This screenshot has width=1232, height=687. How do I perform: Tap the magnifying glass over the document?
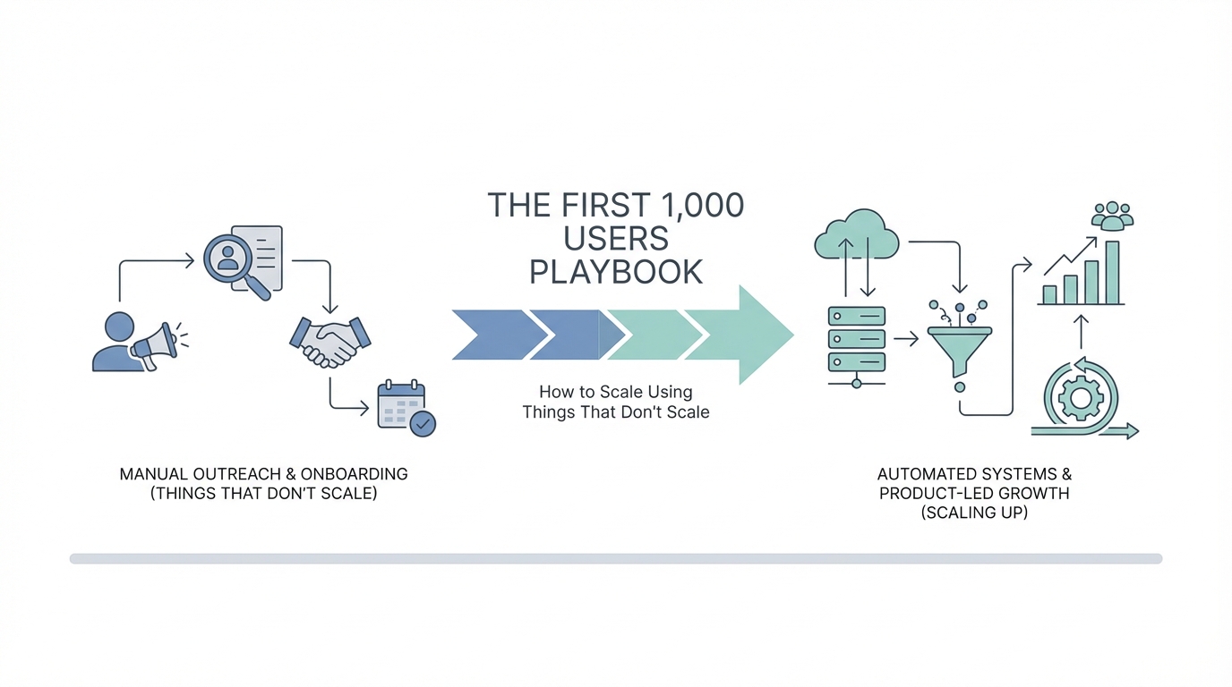point(230,259)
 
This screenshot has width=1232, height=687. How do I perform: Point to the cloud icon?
point(856,234)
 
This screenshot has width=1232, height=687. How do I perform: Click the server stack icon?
point(856,340)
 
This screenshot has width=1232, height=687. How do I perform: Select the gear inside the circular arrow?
point(1080,399)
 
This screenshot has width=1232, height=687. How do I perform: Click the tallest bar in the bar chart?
point(1112,272)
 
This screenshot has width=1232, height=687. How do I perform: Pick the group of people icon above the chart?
point(1113,215)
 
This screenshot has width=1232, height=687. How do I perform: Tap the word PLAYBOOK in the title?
point(616,272)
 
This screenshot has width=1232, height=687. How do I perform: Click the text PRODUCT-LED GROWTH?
point(974,493)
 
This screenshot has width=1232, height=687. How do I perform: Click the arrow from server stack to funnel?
point(905,339)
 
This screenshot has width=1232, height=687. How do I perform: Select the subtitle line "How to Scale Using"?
point(616,392)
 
